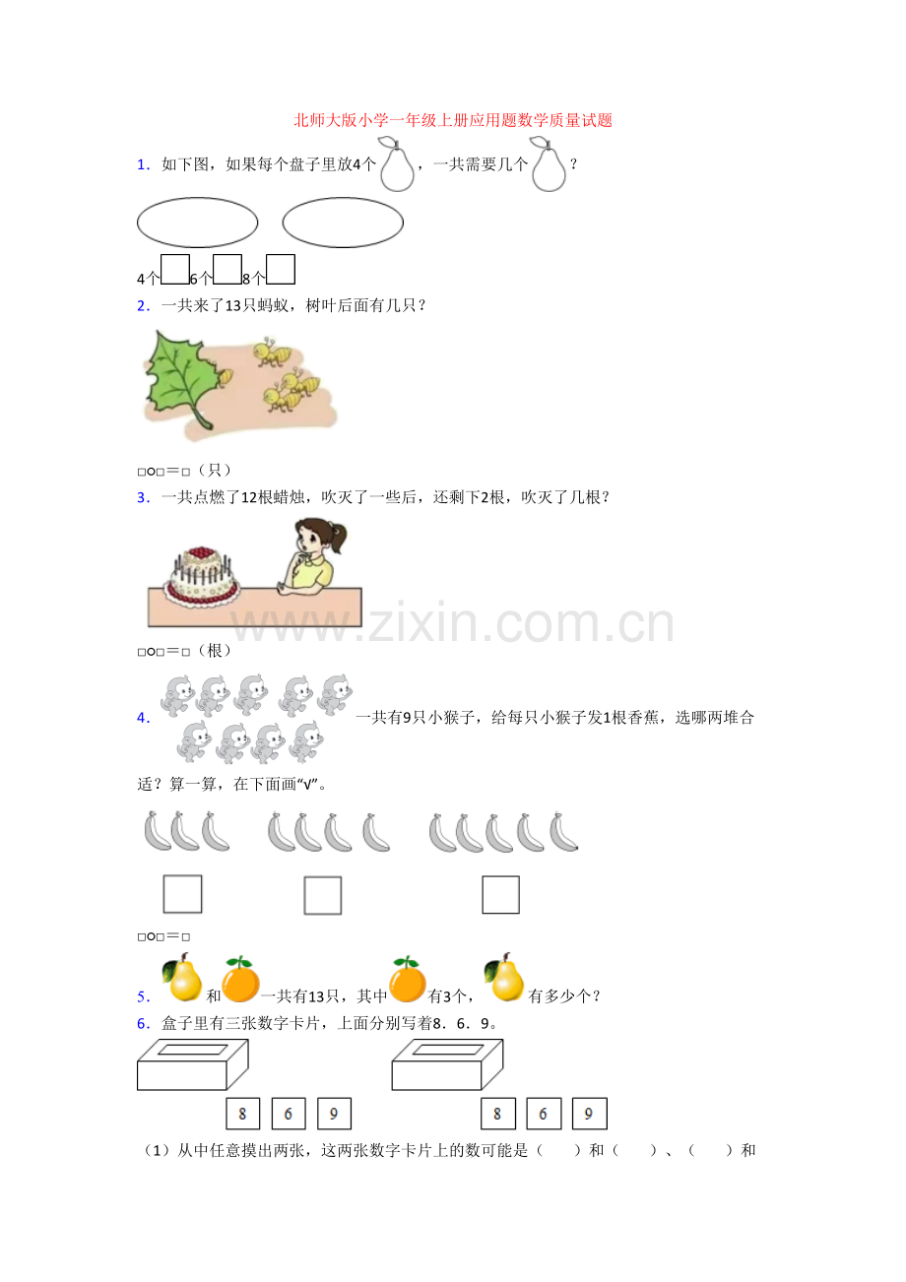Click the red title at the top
pos(453,120)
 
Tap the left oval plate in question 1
pos(197,223)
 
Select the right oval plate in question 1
pos(343,223)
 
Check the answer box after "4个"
pos(175,270)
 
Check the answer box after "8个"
pos(281,270)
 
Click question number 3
pos(143,497)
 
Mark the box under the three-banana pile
pos(182,894)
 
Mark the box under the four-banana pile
pos(323,895)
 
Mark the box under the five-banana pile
pos(500,894)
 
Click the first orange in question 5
pos(239,981)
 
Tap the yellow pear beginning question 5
pos(182,979)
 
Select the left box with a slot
pos(192,1064)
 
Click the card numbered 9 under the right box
pos(589,1114)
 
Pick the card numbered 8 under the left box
pos(242,1114)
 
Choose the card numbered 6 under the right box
pos(544,1114)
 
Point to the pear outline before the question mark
pos(549,166)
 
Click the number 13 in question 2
pos(233,306)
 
